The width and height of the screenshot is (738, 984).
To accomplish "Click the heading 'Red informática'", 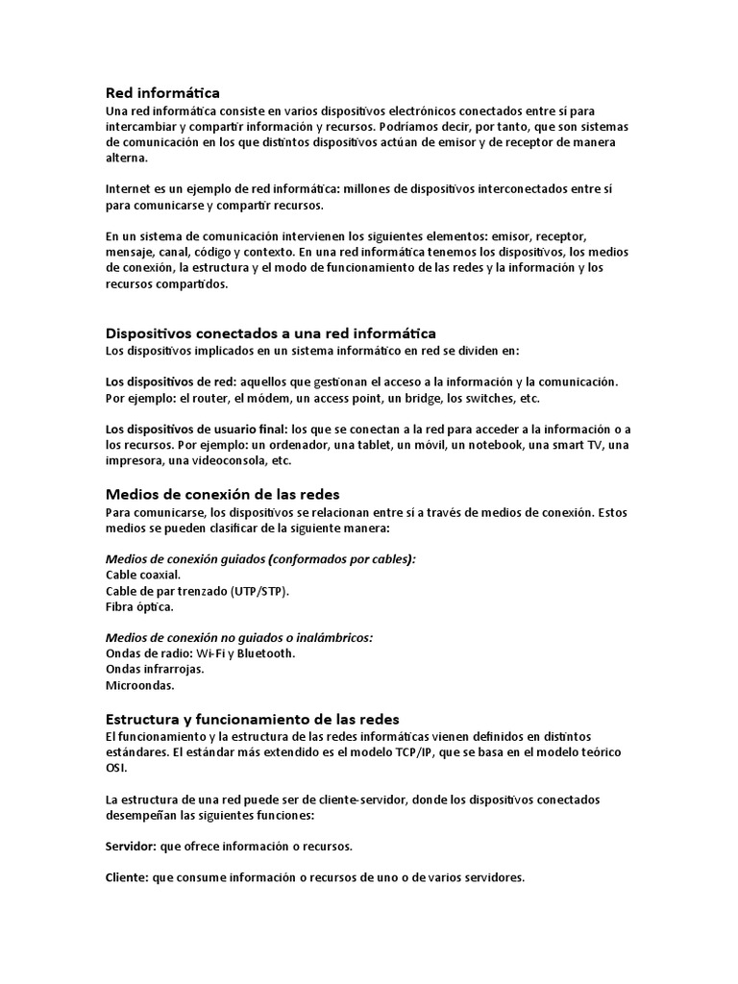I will point(162,93).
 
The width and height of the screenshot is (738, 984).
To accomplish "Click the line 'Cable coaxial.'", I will point(143,575).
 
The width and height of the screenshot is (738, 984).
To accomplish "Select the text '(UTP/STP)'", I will point(258,591).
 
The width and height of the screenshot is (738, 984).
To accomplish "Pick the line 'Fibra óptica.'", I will point(139,607).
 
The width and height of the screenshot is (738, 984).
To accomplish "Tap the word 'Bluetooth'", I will point(264,653).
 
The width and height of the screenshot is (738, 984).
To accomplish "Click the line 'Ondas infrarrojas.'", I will point(154,670).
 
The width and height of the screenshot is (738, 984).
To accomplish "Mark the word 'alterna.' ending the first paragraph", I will point(127,159).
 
